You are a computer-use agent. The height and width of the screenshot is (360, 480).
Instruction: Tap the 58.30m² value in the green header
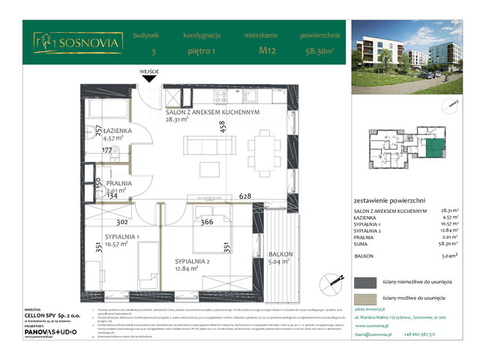tap(321, 52)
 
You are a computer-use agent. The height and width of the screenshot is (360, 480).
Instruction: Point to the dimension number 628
tap(244, 196)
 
